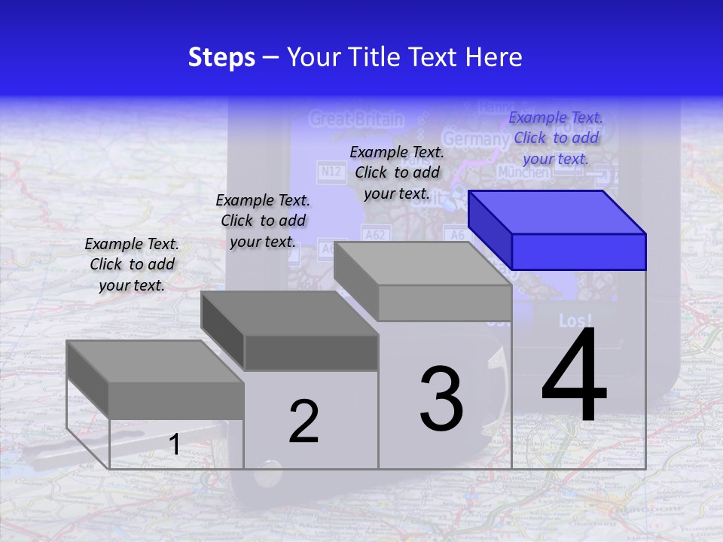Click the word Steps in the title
point(221,57)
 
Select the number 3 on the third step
point(441,398)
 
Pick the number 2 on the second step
point(304,422)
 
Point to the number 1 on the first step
point(175,444)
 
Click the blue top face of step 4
point(556,212)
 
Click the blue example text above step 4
point(556,138)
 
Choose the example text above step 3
point(397,172)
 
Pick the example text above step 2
point(263,221)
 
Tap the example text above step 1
point(132,264)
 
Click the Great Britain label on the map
point(356,119)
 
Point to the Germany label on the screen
point(474,139)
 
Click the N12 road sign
point(331,172)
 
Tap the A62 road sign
point(374,235)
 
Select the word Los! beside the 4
point(575,321)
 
